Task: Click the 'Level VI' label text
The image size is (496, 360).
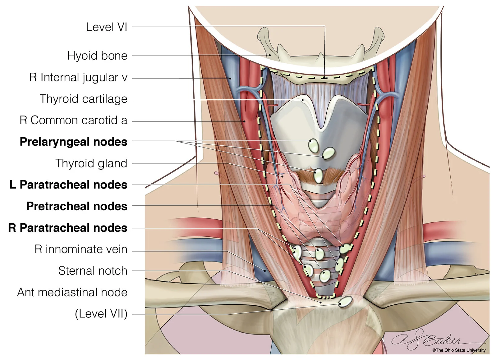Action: [x=107, y=27]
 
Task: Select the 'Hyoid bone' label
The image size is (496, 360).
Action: [x=98, y=55]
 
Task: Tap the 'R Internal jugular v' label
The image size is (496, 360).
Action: [x=78, y=77]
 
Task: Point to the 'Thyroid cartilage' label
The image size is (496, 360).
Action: [x=84, y=99]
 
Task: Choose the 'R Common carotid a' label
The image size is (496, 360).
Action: [x=74, y=120]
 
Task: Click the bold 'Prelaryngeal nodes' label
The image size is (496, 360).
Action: [x=74, y=142]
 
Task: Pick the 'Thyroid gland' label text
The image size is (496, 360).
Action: [x=91, y=163]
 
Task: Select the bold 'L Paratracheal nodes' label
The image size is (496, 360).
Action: [x=68, y=185]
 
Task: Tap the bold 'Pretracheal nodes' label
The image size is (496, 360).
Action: [x=77, y=206]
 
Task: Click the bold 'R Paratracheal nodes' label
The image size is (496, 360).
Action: [x=68, y=228]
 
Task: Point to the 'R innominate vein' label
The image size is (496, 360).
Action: [x=81, y=249]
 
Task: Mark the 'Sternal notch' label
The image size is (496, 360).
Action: [x=93, y=271]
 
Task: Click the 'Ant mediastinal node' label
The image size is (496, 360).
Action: [x=72, y=292]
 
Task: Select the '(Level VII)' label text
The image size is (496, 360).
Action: [x=101, y=314]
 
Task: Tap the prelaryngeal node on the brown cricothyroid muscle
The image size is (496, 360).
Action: [x=318, y=176]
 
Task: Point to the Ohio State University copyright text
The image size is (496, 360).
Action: [x=459, y=350]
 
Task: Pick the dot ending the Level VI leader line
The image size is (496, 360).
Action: [x=325, y=78]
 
